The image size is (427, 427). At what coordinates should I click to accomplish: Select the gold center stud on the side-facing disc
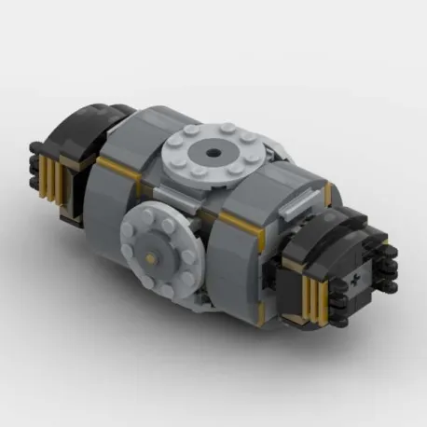150,253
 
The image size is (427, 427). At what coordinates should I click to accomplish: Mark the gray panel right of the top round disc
298,172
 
